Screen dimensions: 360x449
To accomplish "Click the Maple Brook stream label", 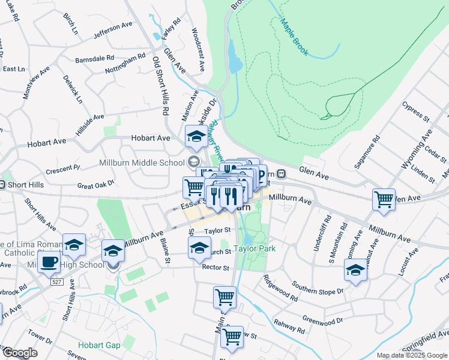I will (x=294, y=37).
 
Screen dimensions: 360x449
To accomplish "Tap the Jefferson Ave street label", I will (x=112, y=31).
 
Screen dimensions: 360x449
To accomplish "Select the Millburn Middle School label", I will (x=142, y=163).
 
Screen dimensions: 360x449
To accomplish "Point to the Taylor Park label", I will (x=255, y=248).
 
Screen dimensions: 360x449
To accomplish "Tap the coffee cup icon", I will (x=49, y=262).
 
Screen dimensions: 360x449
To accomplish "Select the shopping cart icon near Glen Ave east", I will (x=384, y=199).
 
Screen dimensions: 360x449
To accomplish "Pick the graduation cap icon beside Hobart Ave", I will (x=196, y=137).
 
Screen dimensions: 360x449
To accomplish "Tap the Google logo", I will (x=20, y=353).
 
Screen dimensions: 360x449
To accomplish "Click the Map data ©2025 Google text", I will (x=412, y=355).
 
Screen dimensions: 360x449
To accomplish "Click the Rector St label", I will (x=216, y=267).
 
